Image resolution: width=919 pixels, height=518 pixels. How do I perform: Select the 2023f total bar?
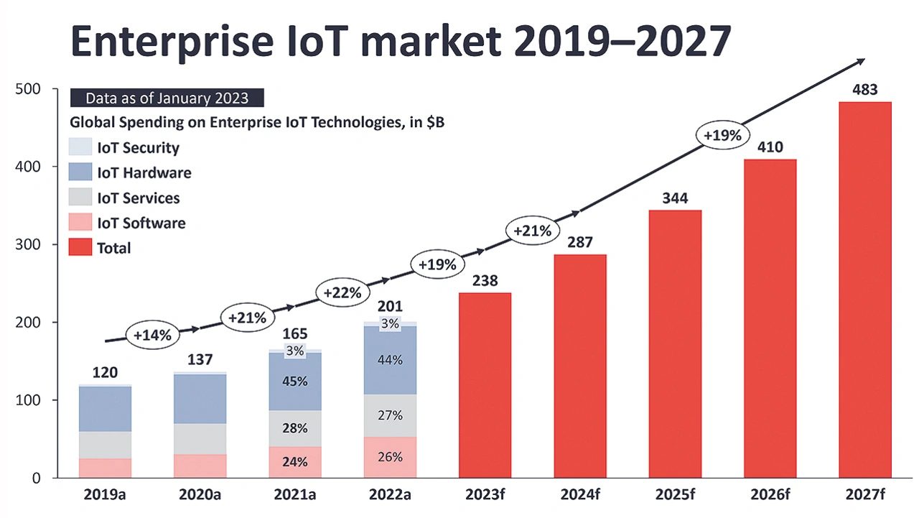485,385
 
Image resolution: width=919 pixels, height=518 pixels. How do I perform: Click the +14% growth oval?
151,335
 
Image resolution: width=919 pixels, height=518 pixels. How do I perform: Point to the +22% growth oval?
342,292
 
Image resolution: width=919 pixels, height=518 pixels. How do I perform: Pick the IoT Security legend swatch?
80,147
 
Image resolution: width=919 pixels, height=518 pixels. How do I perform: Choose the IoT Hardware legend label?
144,172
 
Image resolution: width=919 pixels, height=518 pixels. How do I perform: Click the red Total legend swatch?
80,248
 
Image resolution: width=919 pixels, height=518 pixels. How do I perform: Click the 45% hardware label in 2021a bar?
296,381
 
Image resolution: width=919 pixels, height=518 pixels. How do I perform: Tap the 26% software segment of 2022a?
390,457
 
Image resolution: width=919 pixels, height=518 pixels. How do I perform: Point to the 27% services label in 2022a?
390,415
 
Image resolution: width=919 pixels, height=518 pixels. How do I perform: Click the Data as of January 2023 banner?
167,98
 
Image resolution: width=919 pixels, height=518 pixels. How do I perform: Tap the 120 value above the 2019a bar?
105,372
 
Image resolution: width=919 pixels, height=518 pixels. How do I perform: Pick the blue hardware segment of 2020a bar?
200,399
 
